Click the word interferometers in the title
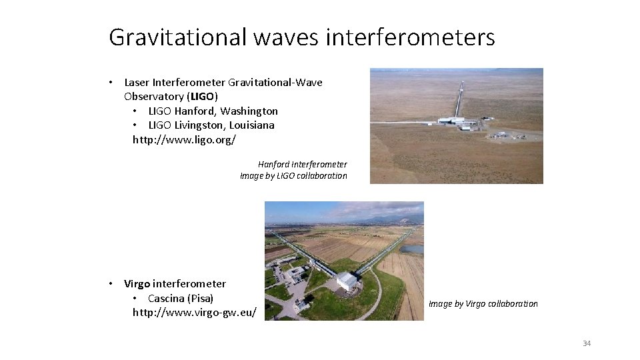(x=410, y=37)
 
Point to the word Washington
(x=249, y=111)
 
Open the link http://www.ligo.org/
(x=184, y=139)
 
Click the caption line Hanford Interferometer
(x=302, y=164)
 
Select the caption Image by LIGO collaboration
(x=293, y=176)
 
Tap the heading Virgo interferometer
(x=175, y=283)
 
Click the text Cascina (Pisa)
(x=181, y=298)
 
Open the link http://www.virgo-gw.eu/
(x=194, y=312)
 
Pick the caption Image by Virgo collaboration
(x=483, y=304)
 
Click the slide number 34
(x=587, y=343)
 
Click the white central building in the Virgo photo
(x=346, y=281)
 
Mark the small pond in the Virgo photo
(x=413, y=249)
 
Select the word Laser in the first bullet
(x=137, y=83)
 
